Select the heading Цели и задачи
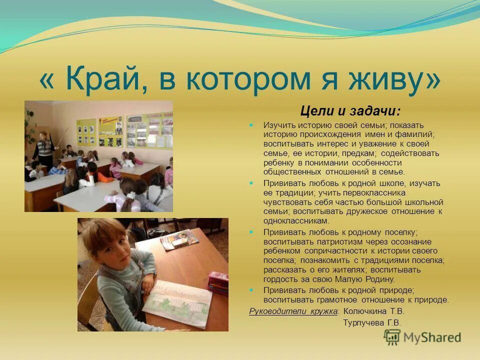350,110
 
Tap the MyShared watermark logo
422,337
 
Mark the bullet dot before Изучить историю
252,125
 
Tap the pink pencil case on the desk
218,283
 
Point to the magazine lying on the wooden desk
178,239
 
